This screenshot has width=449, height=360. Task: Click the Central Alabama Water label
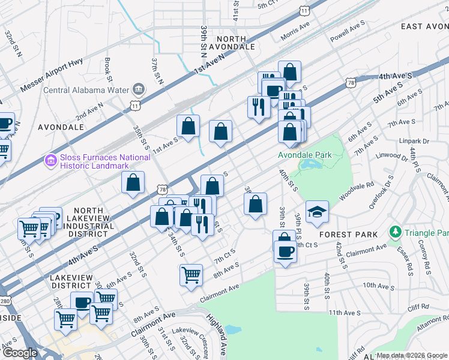[x=86, y=91]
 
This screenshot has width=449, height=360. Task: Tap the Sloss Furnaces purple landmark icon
[x=50, y=161]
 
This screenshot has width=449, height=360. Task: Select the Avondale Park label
[x=304, y=155]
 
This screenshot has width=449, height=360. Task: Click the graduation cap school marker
[x=317, y=212]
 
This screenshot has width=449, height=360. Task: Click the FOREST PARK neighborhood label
[x=348, y=234]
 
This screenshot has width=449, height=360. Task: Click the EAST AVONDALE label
[x=424, y=26]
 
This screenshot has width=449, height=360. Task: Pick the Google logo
[x=20, y=353]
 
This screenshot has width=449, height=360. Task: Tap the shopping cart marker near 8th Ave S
[x=191, y=275]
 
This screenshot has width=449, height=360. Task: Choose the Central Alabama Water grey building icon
[x=139, y=90]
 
